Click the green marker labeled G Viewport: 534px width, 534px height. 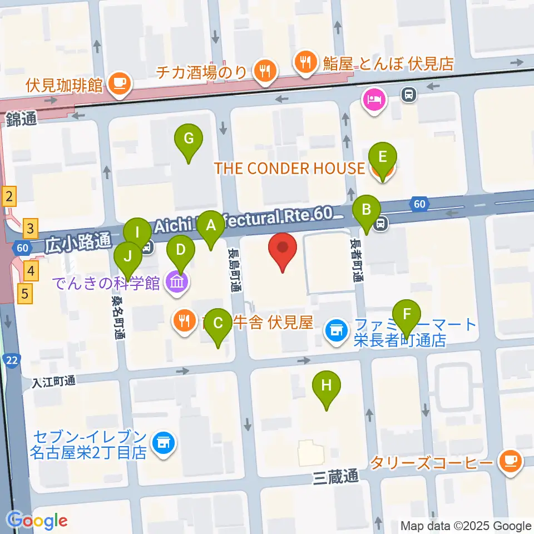[x=189, y=139]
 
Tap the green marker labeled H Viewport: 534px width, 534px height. [x=327, y=385]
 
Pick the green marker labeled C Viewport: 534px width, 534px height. [x=218, y=324]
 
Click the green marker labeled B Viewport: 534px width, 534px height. [x=367, y=210]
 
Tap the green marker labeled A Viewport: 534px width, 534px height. [x=210, y=226]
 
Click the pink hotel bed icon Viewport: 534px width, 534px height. [x=372, y=100]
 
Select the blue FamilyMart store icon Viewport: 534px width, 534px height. [x=336, y=333]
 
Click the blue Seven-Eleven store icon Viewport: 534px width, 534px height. [x=163, y=443]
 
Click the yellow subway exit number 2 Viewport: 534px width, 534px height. [x=9, y=196]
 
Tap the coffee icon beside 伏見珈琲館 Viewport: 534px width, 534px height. [x=118, y=84]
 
